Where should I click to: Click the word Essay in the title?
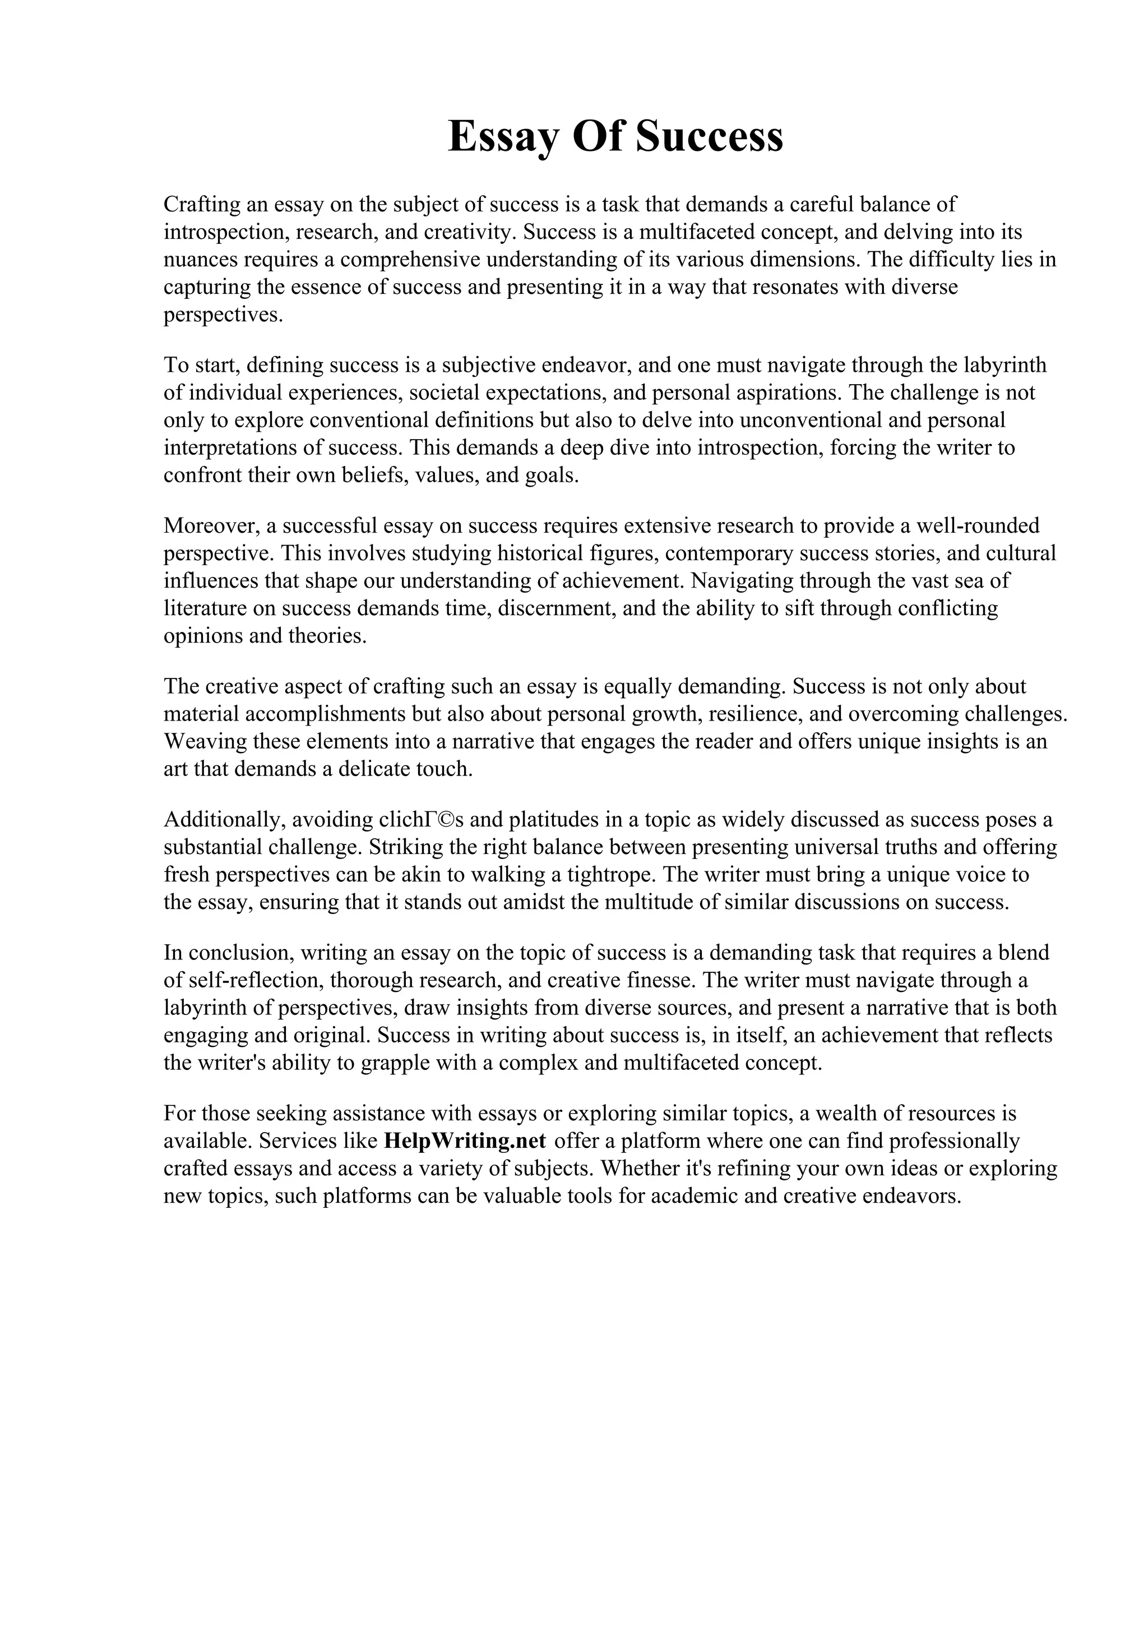(503, 137)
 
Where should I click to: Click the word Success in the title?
(710, 137)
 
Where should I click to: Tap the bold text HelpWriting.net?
(465, 1141)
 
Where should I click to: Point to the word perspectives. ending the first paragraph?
(223, 315)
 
